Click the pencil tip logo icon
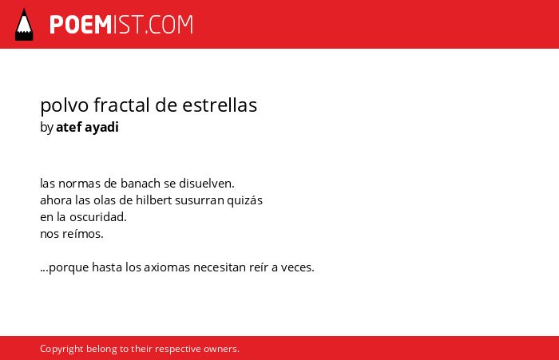[24, 24]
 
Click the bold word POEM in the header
[81, 25]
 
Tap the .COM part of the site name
[169, 25]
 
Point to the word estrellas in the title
[220, 105]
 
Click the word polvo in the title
[65, 106]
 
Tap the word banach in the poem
[141, 184]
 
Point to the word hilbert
[154, 200]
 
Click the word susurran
[200, 200]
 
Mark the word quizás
[245, 200]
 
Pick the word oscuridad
[98, 216]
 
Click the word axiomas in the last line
[167, 267]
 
